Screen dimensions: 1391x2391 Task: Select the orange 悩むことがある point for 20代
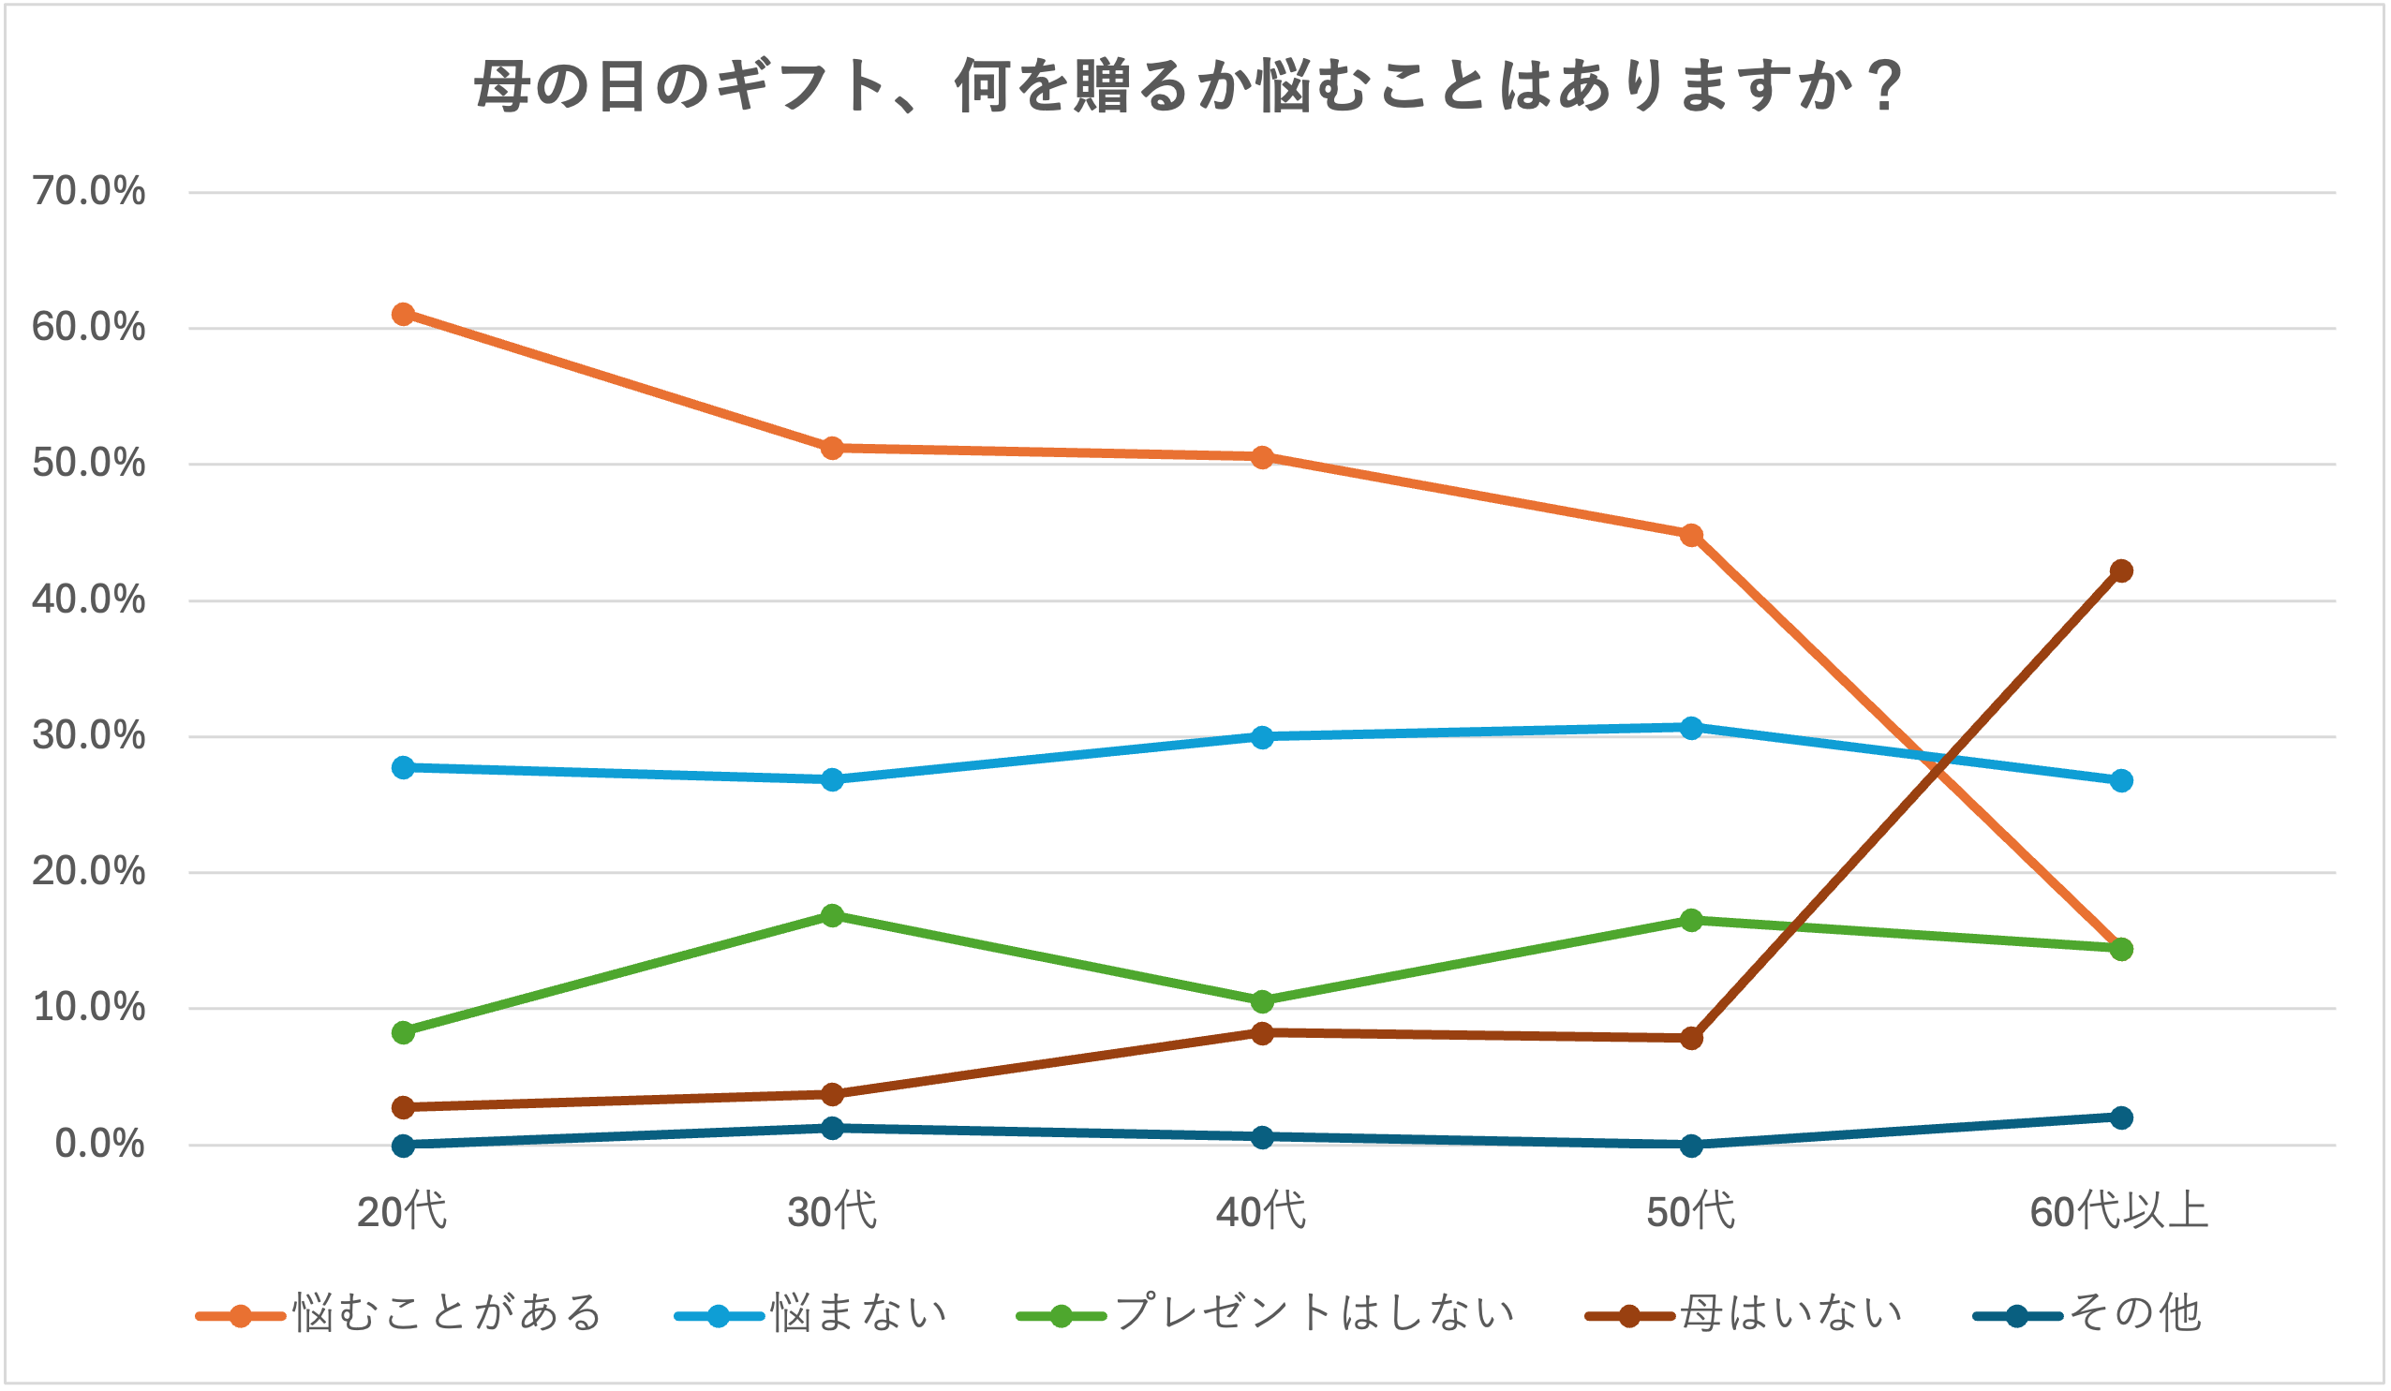tap(403, 314)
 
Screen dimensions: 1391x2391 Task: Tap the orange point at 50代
tap(1691, 535)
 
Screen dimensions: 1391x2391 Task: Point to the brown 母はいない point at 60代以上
tap(2120, 570)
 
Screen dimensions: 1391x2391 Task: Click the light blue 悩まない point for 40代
tap(1262, 737)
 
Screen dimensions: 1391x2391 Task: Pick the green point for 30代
tap(832, 916)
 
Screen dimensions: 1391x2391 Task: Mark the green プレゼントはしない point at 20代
tap(403, 1032)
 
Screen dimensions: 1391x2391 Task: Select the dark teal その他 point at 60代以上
tap(2120, 1117)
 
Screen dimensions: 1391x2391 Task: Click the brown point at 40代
tap(1262, 1033)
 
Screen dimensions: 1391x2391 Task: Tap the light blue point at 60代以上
tap(2120, 781)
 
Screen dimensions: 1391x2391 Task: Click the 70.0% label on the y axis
tap(89, 192)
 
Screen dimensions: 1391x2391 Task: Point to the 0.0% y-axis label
tap(99, 1145)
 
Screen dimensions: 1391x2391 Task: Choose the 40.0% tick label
tap(89, 599)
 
